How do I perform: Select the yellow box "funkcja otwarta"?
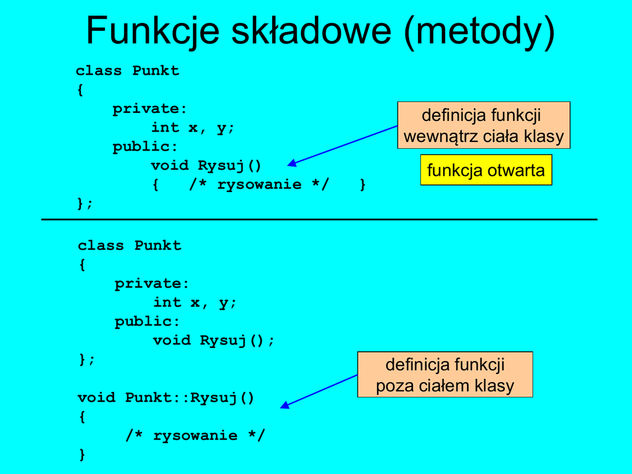486,170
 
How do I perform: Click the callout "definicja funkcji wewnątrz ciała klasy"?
483,125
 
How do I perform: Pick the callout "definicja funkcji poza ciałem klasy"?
445,375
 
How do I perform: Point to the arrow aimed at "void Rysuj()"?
343,145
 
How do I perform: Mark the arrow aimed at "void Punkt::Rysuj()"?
319,390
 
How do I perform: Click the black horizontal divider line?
319,219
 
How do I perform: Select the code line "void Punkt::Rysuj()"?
166,397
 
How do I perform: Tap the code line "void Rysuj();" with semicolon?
214,340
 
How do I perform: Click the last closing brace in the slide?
82,455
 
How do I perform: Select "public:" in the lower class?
147,322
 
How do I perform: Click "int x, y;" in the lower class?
195,302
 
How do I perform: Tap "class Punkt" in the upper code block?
128,71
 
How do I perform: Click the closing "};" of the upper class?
85,203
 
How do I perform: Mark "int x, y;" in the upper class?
193,128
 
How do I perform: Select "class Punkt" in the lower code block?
130,246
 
